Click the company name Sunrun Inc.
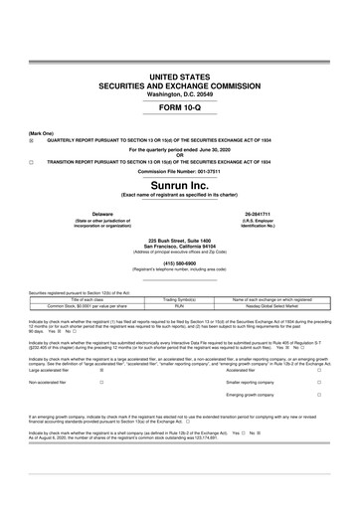tap(180, 185)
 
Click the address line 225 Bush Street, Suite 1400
tap(180, 241)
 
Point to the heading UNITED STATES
tap(180, 77)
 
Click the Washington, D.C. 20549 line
tap(180, 93)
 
